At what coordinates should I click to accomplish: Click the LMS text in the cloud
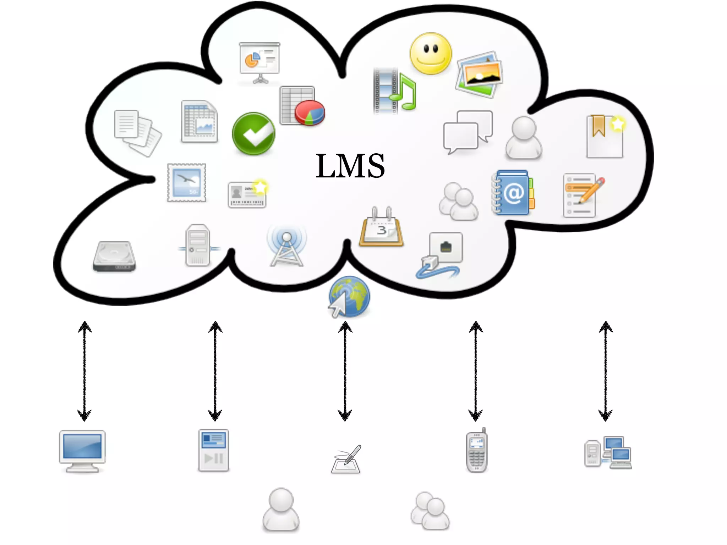point(350,166)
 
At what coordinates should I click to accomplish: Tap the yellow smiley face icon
point(431,54)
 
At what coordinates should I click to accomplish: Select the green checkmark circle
point(253,134)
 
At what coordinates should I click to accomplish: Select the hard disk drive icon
point(114,256)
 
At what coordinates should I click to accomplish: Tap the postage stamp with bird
point(187,183)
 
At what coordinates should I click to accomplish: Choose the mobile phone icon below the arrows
point(477,451)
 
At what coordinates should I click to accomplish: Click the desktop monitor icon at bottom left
point(82,451)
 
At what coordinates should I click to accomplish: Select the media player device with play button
point(213,450)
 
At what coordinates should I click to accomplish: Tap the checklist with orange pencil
point(582,195)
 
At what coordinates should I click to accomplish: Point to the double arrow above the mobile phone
point(476,371)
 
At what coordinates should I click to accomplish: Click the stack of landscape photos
point(479,75)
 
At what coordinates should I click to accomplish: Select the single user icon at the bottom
point(281,510)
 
